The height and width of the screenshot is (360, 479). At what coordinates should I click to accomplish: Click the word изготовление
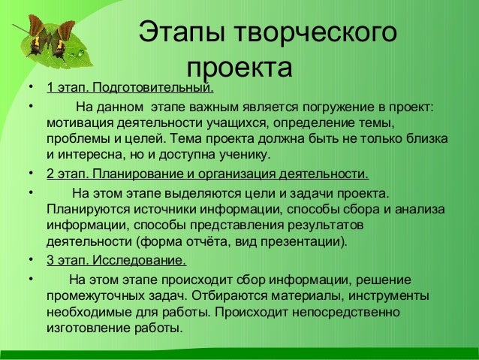(83, 328)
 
